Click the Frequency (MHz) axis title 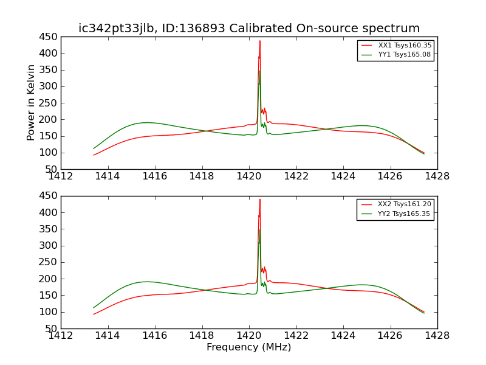[248, 347]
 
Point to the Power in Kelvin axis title [31, 103]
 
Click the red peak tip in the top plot [260, 41]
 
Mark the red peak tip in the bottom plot [260, 200]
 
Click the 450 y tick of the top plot [48, 36]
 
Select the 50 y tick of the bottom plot [51, 328]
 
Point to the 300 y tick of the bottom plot [48, 246]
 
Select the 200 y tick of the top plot [48, 120]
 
